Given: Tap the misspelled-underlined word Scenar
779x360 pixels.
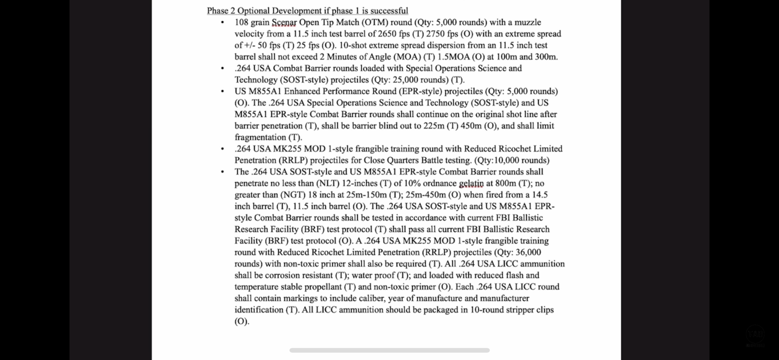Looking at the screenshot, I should tap(284, 22).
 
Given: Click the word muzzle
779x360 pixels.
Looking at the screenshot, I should tap(527, 22).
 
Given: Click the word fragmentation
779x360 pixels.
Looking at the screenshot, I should tap(260, 138).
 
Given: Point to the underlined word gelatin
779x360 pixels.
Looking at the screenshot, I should tap(471, 183).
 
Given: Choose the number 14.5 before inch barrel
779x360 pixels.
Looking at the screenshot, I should tap(540, 195).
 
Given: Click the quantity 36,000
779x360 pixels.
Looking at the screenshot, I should tap(529, 252).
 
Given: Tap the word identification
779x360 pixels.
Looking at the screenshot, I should tap(259, 310).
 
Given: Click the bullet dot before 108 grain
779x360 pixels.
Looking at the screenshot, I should tap(223, 22).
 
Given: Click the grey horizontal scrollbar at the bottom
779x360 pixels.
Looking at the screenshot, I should tap(389, 350).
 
